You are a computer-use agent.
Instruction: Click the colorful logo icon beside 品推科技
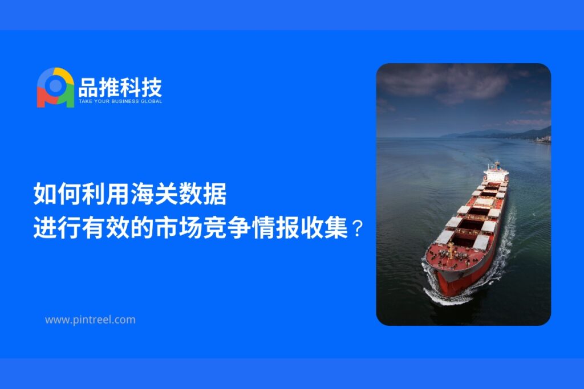coord(55,88)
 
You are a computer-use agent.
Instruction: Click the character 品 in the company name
coord(88,87)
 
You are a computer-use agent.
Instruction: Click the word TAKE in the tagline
coord(85,101)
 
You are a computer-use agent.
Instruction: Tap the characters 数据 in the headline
coord(202,194)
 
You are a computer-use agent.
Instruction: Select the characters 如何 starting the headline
coord(58,194)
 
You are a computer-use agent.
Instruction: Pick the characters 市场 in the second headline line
coord(179,228)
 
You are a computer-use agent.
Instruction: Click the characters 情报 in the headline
coord(275,228)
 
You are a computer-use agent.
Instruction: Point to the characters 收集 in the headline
coord(324,228)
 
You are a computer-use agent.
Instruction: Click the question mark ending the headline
coord(357,228)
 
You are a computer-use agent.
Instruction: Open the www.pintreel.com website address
coord(90,320)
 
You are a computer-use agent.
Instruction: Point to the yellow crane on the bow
coord(451,250)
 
